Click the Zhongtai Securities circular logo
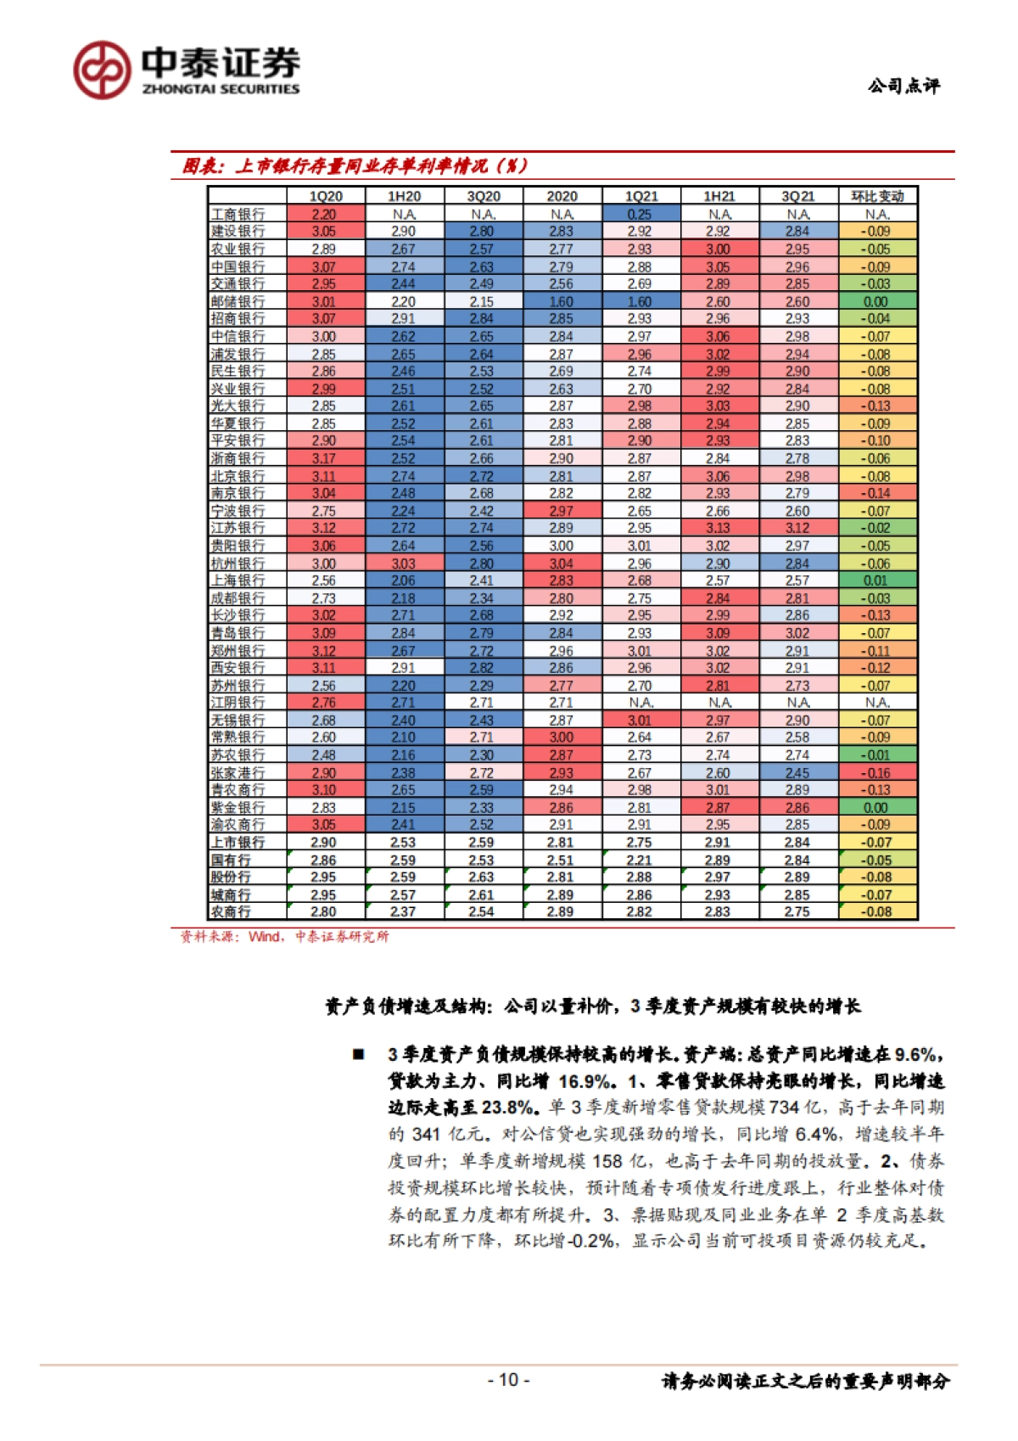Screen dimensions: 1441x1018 tap(102, 70)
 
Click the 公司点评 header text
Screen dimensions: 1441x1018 tap(903, 86)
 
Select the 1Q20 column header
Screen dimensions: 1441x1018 tap(326, 196)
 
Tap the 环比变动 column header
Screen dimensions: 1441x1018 tap(877, 196)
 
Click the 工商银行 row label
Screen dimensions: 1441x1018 tap(238, 215)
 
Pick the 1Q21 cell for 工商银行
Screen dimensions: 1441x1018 tap(640, 215)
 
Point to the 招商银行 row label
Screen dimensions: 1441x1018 tap(238, 319)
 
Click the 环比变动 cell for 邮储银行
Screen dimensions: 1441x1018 tap(877, 302)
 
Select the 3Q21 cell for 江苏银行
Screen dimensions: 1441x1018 tap(797, 528)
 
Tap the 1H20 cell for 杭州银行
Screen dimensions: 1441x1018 tap(404, 564)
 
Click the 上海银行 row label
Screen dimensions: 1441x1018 tap(238, 580)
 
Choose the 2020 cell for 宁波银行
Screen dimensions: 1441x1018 tap(561, 511)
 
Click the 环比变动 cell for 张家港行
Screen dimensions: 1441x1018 tap(877, 773)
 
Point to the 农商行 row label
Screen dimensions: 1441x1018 tap(231, 911)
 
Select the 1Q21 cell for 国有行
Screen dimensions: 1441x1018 tap(640, 860)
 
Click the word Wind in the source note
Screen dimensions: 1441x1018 tap(265, 937)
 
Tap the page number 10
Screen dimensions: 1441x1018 tap(508, 1379)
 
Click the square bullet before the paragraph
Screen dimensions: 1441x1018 tap(359, 1055)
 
